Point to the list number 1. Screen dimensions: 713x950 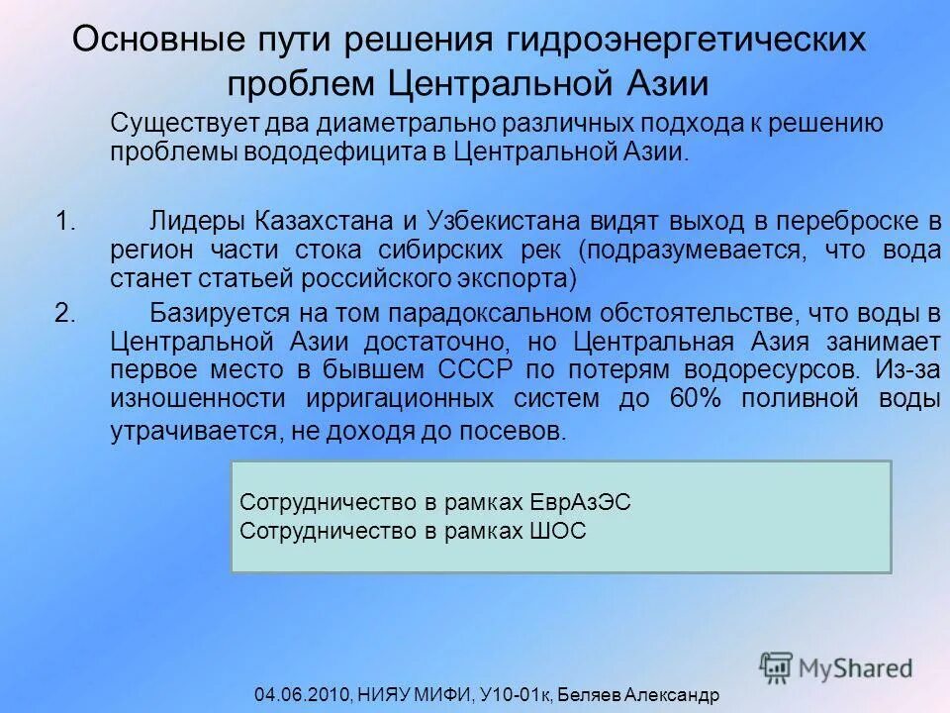(x=65, y=220)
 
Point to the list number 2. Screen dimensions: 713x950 (x=65, y=314)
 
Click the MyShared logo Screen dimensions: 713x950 (x=837, y=666)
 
